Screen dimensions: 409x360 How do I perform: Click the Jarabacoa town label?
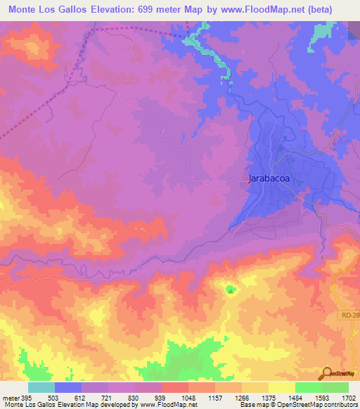pyautogui.click(x=269, y=178)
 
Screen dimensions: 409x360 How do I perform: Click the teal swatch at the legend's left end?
pyautogui.click(x=41, y=387)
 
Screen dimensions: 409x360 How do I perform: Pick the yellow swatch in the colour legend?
pyautogui.click(x=281, y=387)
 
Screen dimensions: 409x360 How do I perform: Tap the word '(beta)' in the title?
pyautogui.click(x=335, y=8)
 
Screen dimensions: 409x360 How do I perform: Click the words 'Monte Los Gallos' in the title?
pyautogui.click(x=49, y=8)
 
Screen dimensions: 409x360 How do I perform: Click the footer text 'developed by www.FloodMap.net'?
pyautogui.click(x=151, y=405)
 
